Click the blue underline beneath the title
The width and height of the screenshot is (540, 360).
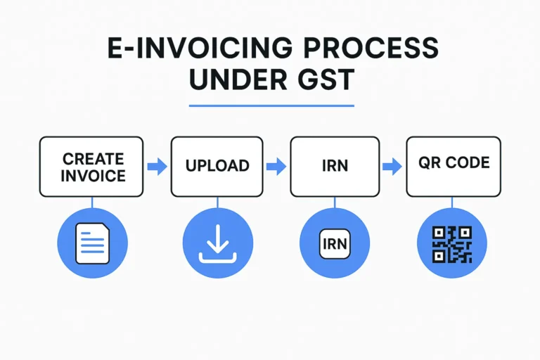tap(271, 105)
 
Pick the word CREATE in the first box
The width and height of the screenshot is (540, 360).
tap(93, 159)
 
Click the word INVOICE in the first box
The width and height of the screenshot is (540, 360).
tap(93, 176)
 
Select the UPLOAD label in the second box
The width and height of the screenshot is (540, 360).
tap(217, 166)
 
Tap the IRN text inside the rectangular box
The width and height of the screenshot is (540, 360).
tap(335, 166)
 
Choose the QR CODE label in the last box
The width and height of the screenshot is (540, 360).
tap(454, 162)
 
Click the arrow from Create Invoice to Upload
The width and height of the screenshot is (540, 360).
tap(157, 167)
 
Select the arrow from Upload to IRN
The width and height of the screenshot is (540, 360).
tap(276, 167)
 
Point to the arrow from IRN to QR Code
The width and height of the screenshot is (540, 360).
tap(392, 167)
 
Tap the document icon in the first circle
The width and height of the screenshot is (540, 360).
tap(92, 243)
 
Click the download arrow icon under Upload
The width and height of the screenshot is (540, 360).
tap(218, 243)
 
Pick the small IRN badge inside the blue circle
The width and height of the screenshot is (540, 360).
tap(335, 244)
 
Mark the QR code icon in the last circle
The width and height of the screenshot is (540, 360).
tap(452, 244)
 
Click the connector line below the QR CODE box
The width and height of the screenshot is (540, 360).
tap(452, 202)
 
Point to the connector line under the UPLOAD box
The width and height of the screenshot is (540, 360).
tap(217, 202)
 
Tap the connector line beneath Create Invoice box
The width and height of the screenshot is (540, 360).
tap(92, 202)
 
